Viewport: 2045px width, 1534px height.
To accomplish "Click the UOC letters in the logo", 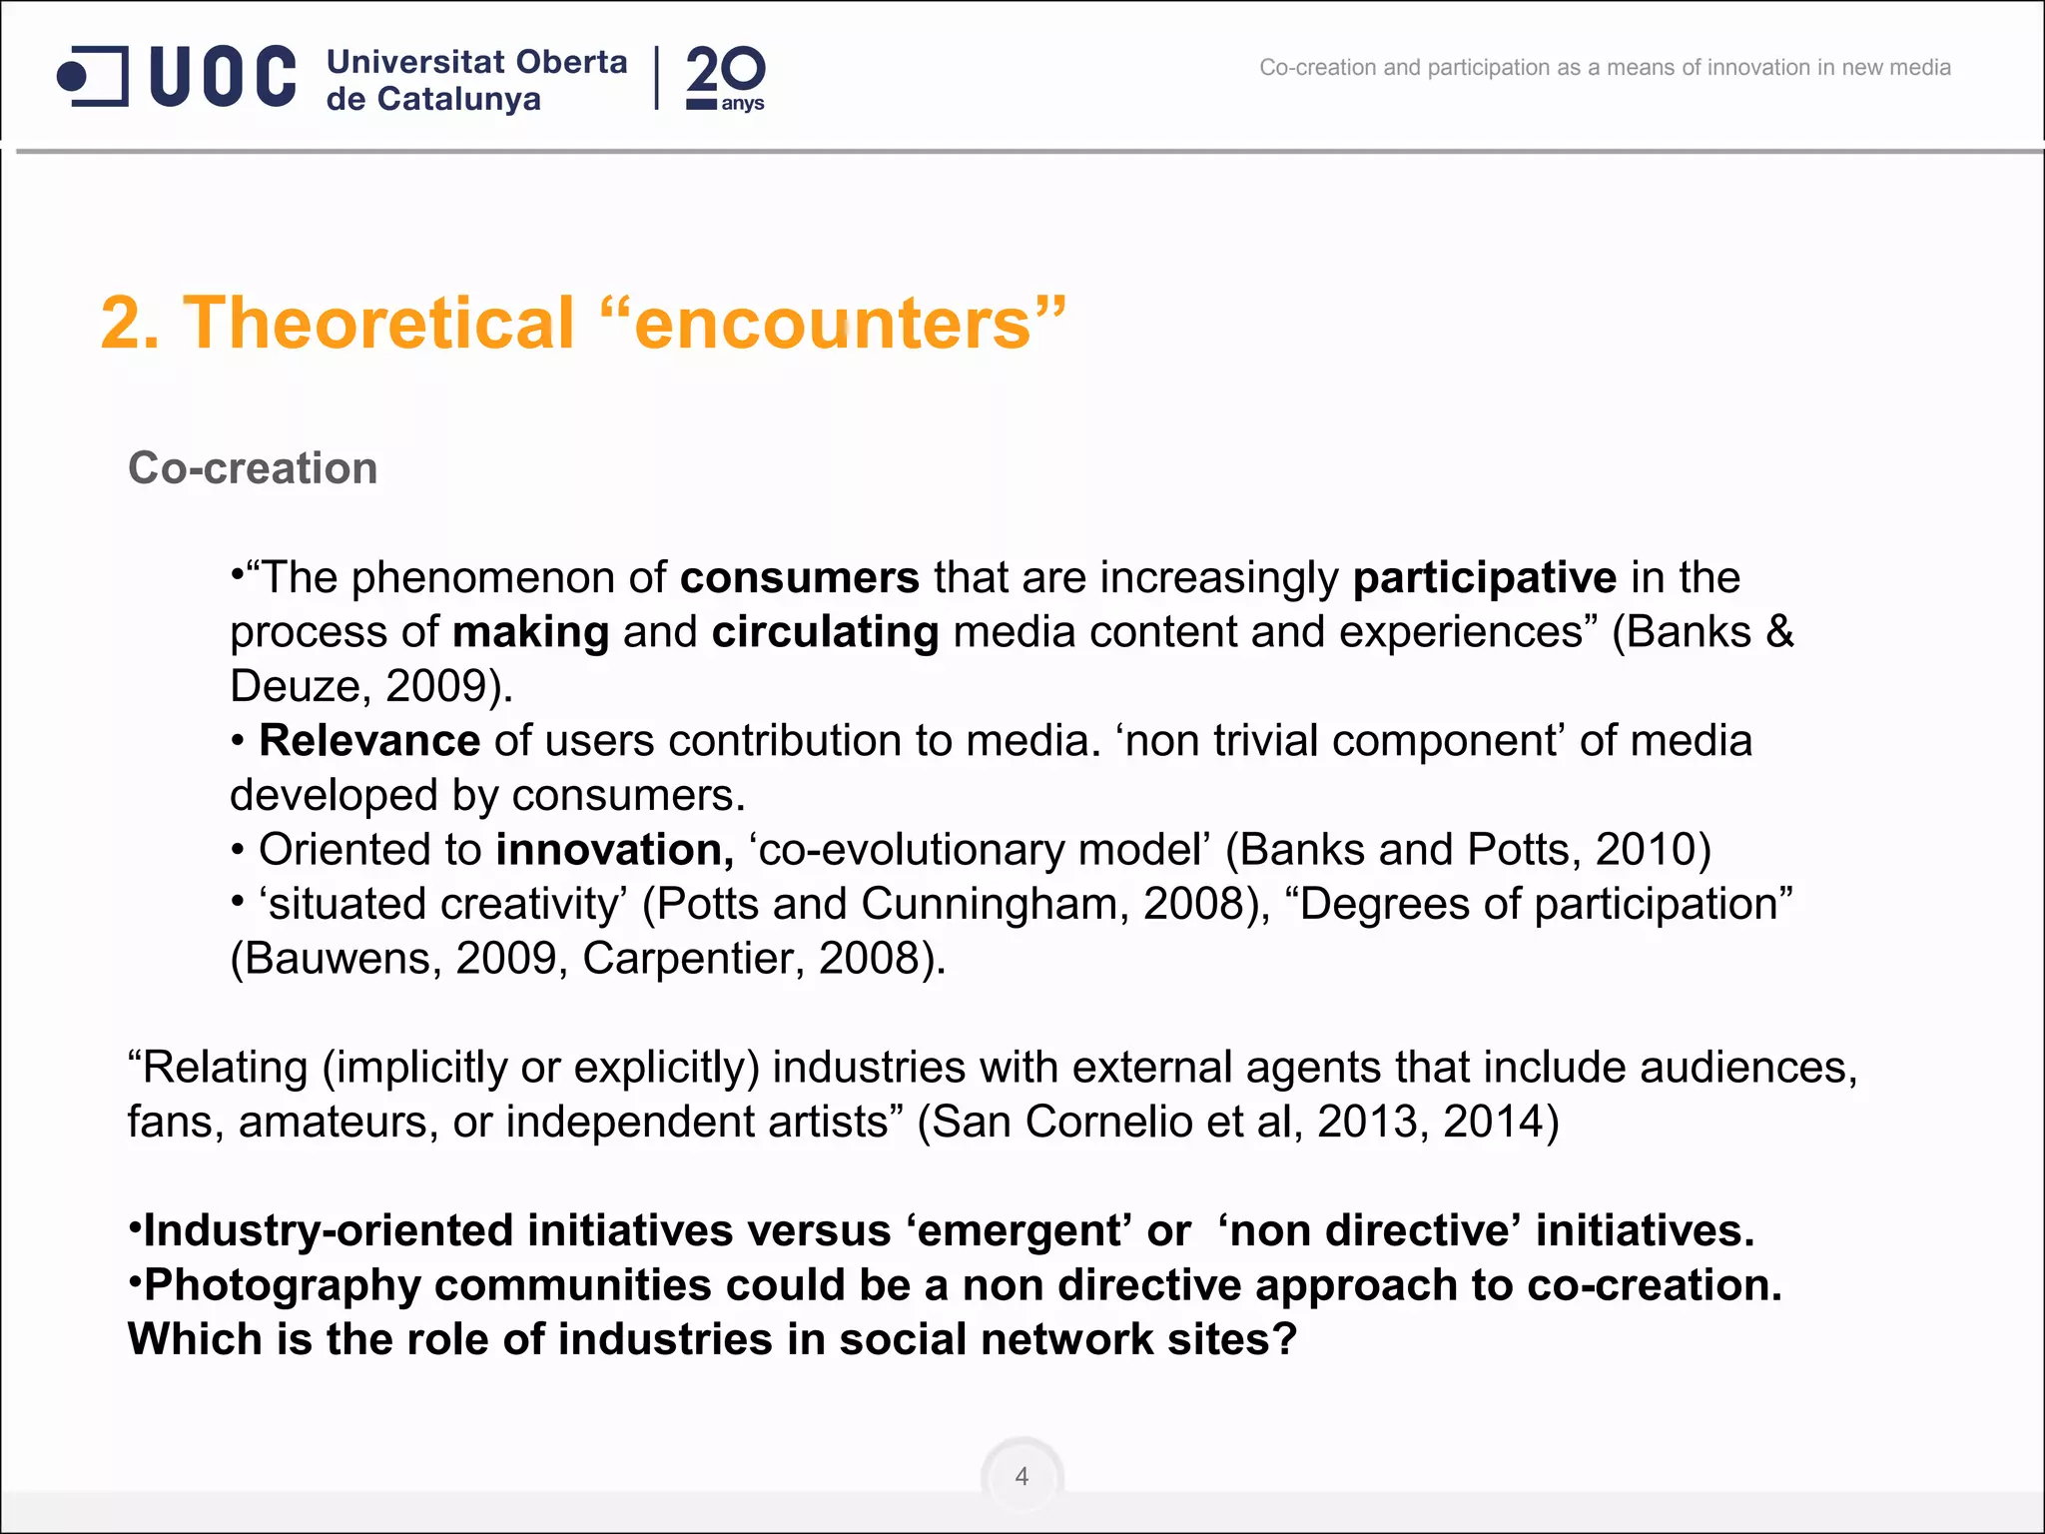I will click(x=223, y=76).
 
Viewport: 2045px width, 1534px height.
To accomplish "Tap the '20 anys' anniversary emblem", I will click(x=726, y=78).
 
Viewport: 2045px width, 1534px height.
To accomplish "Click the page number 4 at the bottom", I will click(x=1022, y=1476).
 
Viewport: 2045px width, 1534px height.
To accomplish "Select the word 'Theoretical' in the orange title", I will click(x=379, y=323).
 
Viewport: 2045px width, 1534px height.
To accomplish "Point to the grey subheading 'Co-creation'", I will click(x=253, y=468).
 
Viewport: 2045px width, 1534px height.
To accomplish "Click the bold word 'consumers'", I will click(x=799, y=578).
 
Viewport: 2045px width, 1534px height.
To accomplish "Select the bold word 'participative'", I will click(x=1484, y=578).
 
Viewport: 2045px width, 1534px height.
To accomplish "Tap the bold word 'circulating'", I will click(x=825, y=632).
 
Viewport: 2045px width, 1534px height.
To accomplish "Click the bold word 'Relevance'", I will click(x=369, y=741).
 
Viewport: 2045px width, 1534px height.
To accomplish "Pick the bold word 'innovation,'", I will click(x=614, y=850).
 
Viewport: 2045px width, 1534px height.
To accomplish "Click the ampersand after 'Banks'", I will click(x=1779, y=632).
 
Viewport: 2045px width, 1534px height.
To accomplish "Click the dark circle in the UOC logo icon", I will click(x=73, y=76).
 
